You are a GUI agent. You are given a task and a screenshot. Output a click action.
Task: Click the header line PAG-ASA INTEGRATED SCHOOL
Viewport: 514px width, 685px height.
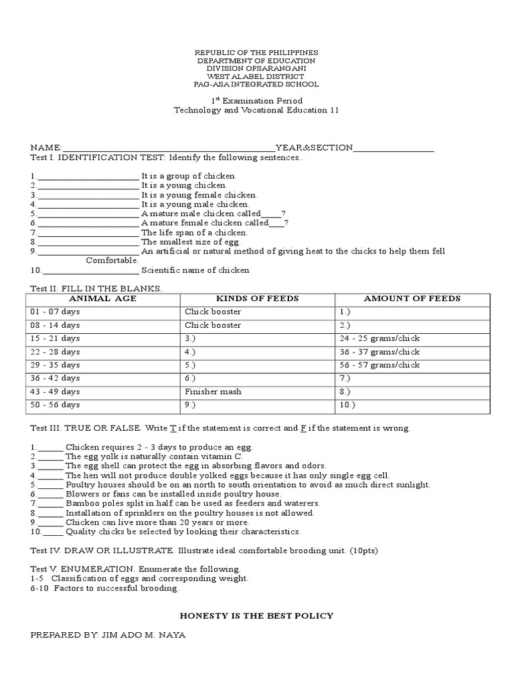[256, 85]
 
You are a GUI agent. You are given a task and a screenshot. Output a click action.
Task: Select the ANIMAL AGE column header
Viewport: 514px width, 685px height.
[103, 298]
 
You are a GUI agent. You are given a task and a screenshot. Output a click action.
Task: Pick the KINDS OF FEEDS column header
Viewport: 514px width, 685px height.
[257, 298]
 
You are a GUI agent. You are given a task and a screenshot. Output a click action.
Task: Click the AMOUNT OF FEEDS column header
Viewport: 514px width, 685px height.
[412, 298]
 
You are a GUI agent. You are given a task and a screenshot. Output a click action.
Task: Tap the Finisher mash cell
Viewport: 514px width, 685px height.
[213, 391]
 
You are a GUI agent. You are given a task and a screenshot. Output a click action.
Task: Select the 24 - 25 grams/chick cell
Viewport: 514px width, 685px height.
[379, 338]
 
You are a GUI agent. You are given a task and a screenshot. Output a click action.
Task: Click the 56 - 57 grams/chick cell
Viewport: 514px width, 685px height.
[379, 365]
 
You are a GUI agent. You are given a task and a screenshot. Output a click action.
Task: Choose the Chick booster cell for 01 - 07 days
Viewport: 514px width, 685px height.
[213, 312]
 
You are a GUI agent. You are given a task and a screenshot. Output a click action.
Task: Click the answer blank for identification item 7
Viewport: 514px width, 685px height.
[88, 233]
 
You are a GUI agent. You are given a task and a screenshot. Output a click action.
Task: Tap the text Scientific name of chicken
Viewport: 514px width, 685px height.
[195, 270]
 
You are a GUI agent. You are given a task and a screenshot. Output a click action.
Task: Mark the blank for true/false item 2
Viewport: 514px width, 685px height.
[50, 456]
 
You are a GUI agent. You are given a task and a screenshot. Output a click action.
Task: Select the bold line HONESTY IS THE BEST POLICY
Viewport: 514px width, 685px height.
[257, 615]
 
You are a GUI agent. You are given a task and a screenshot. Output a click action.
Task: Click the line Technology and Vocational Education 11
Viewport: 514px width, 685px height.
[256, 110]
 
